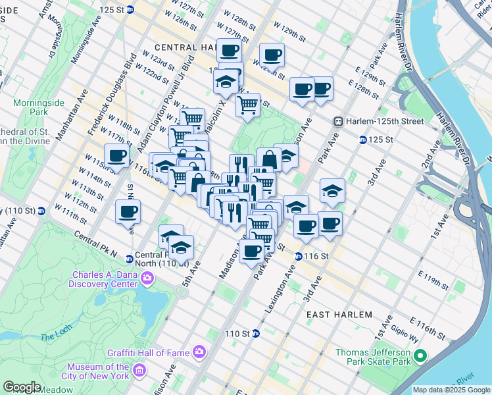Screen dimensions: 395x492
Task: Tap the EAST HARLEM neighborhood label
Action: click(x=339, y=315)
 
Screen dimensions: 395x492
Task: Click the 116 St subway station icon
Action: click(x=298, y=256)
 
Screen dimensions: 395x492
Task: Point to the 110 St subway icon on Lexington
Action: click(x=256, y=334)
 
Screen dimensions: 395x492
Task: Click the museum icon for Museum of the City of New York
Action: click(x=138, y=371)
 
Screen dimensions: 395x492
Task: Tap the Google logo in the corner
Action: click(x=22, y=387)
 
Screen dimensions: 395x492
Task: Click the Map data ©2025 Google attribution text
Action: click(x=451, y=390)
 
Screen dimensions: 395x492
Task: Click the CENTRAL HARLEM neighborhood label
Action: click(x=185, y=47)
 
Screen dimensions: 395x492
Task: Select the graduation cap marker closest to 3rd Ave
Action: click(x=332, y=191)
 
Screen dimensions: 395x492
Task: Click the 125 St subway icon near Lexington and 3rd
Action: click(x=362, y=140)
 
